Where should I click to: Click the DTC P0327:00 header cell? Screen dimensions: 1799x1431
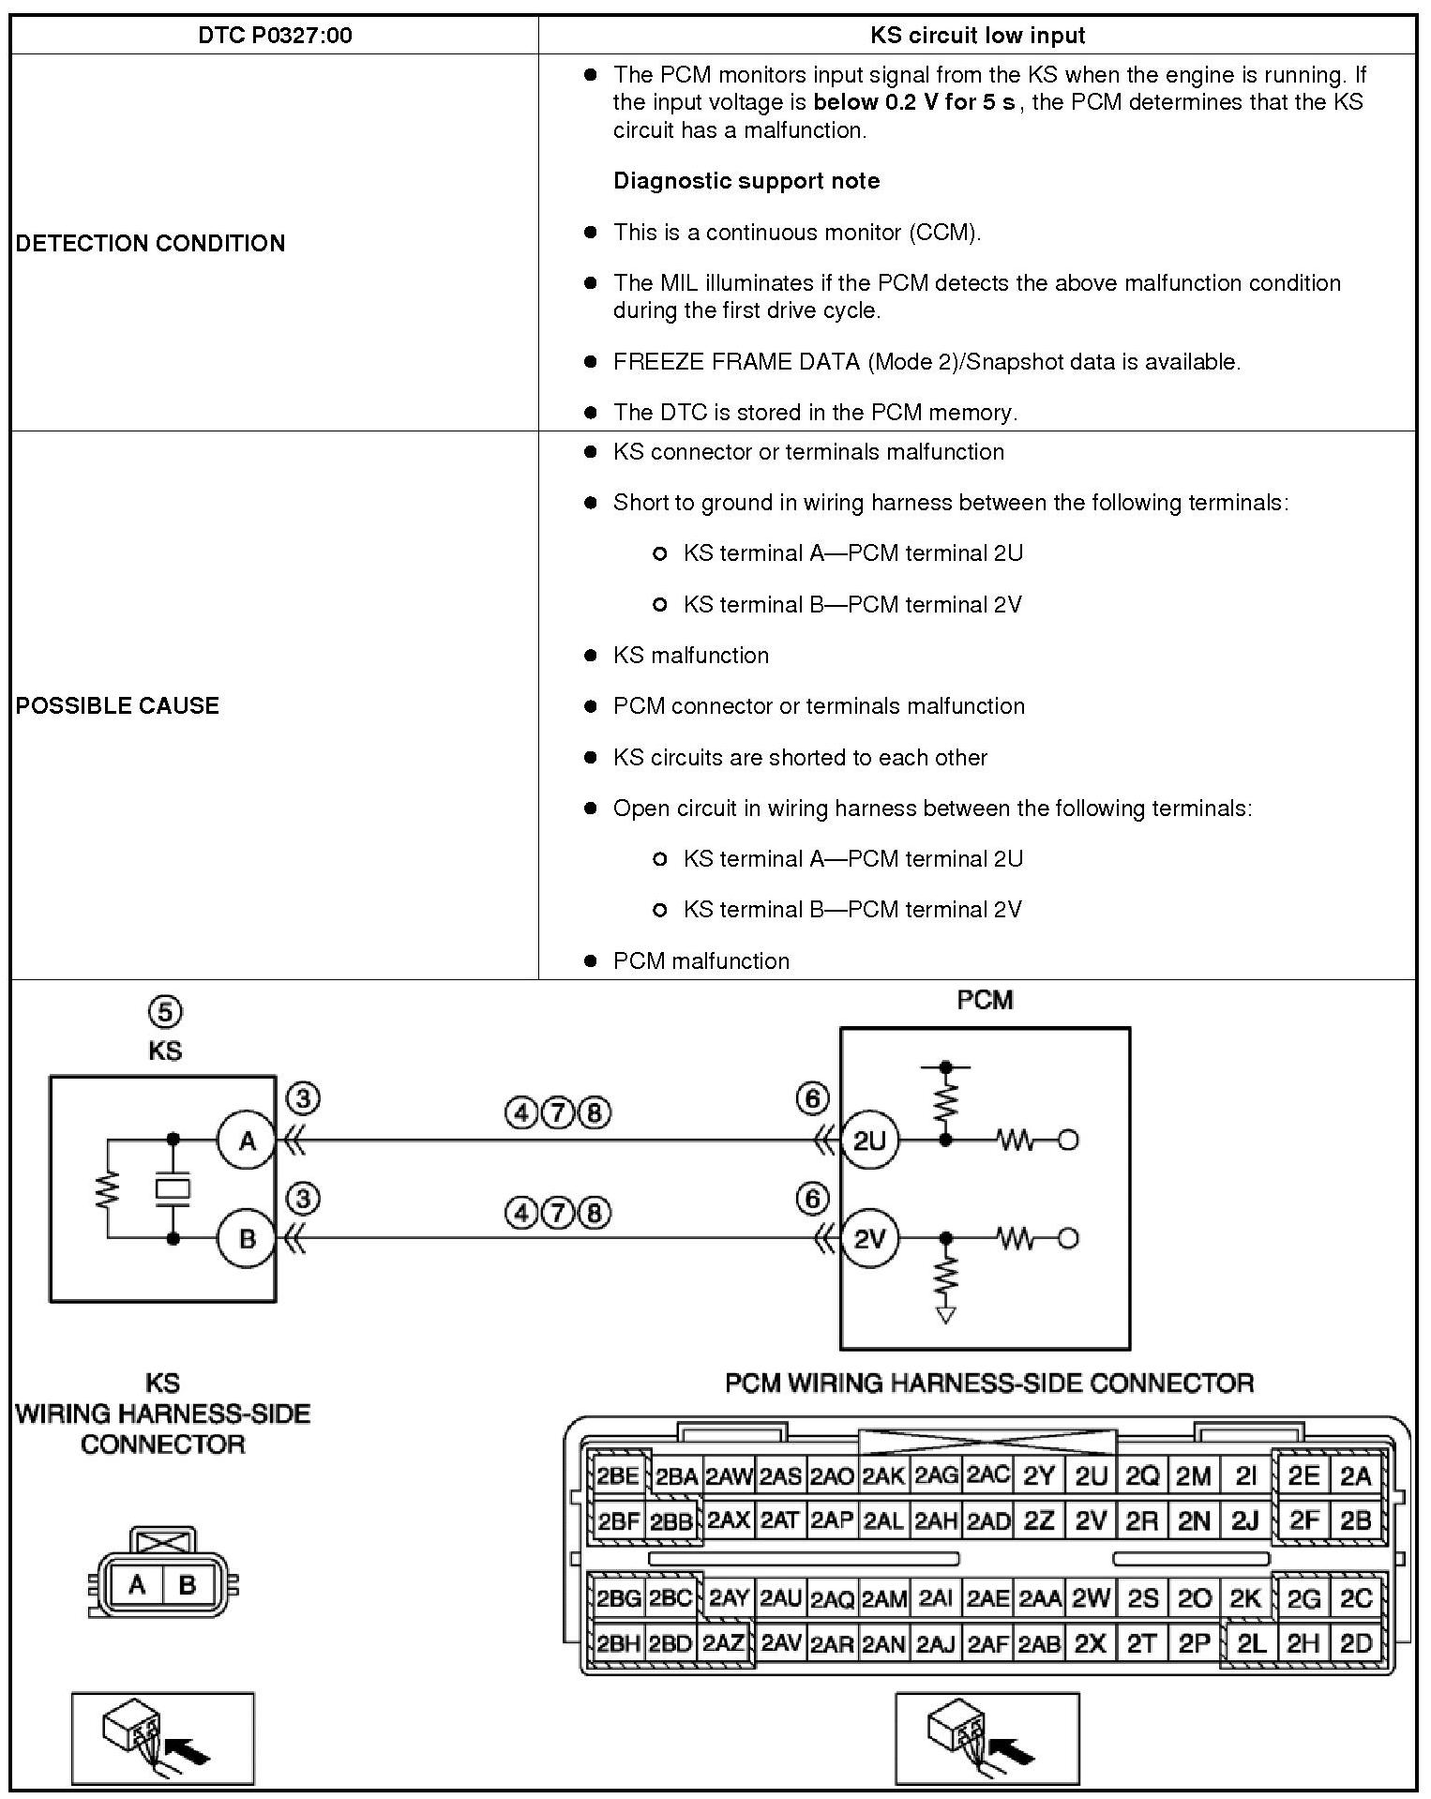click(275, 36)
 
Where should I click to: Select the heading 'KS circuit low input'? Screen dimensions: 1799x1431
click(977, 36)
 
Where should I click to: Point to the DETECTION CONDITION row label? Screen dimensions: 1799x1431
click(150, 243)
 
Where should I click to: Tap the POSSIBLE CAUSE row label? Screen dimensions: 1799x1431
click(117, 705)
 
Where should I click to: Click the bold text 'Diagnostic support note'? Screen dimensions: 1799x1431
click(746, 181)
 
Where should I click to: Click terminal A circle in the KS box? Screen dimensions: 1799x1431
click(247, 1141)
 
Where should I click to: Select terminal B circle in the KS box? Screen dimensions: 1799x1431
click(247, 1238)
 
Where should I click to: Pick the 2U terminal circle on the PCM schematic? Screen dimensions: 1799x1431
click(869, 1141)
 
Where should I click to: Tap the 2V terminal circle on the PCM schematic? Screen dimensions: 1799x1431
click(869, 1238)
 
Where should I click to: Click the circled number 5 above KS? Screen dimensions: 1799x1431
click(165, 1012)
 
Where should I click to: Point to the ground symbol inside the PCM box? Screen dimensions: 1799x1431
click(946, 1315)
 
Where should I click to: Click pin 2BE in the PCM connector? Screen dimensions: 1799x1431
click(618, 1477)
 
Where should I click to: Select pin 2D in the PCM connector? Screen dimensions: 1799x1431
click(1356, 1643)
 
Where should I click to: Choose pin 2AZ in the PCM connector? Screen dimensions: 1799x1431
click(724, 1643)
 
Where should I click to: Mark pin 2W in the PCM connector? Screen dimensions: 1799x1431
click(1091, 1598)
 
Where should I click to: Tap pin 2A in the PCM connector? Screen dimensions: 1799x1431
click(1356, 1477)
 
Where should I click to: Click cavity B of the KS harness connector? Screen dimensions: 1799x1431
click(187, 1585)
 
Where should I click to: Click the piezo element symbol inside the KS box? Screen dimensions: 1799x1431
click(173, 1189)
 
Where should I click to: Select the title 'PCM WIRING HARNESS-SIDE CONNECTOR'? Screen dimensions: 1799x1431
click(988, 1383)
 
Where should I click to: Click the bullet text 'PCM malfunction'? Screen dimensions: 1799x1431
click(700, 960)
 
